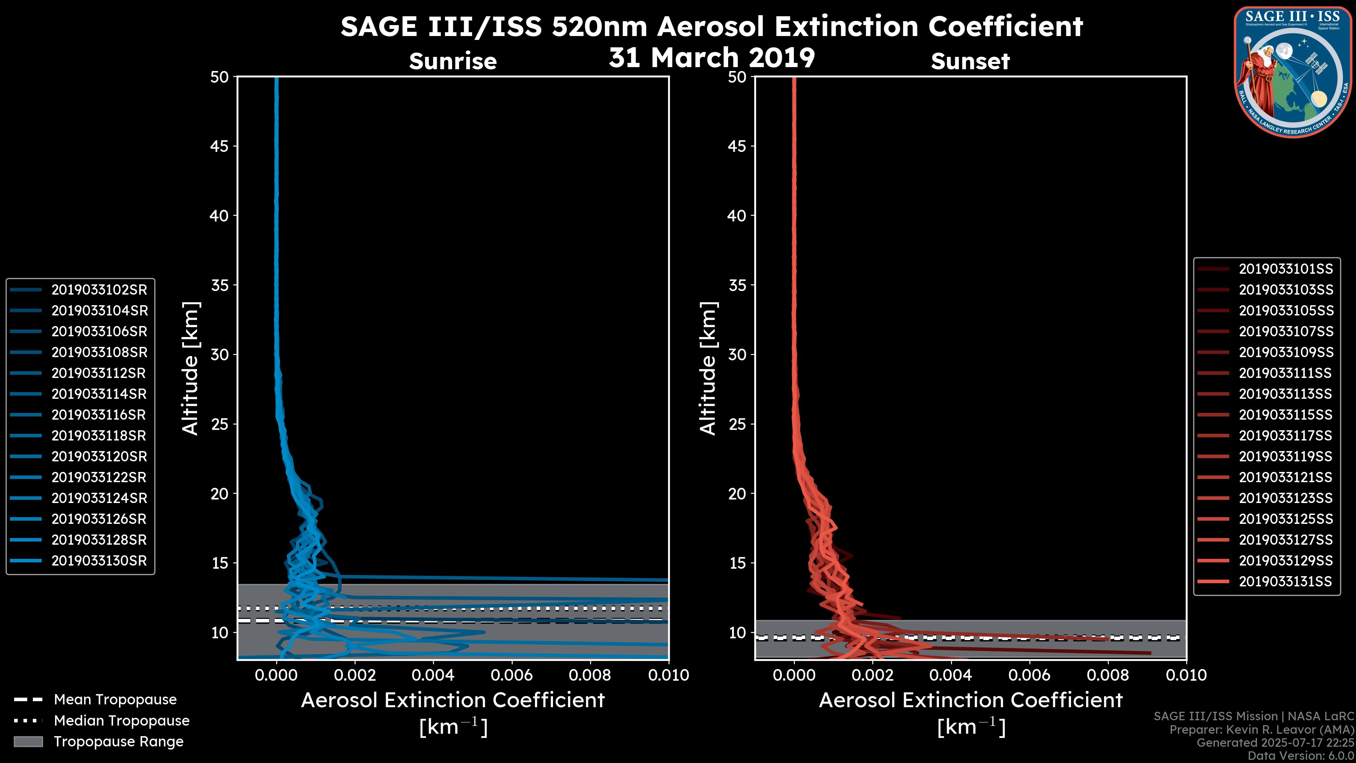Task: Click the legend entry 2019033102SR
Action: pyautogui.click(x=99, y=290)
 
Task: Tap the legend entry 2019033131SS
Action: pyautogui.click(x=1285, y=581)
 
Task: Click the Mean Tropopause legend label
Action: pyautogui.click(x=115, y=699)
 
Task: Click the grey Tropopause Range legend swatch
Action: pyautogui.click(x=28, y=741)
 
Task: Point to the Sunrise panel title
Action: pyautogui.click(x=453, y=61)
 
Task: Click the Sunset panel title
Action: pyautogui.click(x=970, y=61)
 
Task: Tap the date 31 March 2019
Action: pyautogui.click(x=712, y=57)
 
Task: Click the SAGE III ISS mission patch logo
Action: pyautogui.click(x=1293, y=72)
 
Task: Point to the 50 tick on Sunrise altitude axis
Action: pyautogui.click(x=220, y=77)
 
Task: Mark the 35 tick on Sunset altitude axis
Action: pyautogui.click(x=737, y=285)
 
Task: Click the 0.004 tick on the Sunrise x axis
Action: pyautogui.click(x=433, y=675)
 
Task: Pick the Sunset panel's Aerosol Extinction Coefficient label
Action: pyautogui.click(x=971, y=700)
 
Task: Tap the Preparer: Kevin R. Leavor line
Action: pyautogui.click(x=1261, y=729)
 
